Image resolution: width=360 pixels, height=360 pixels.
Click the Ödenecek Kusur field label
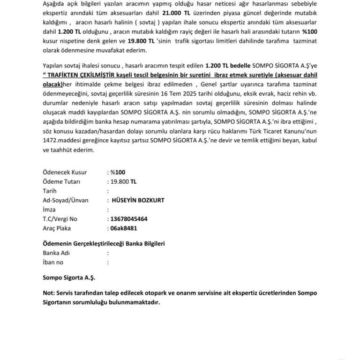(x=61, y=172)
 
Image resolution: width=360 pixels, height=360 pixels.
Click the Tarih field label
(x=49, y=191)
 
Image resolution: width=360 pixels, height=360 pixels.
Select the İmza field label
(x=49, y=210)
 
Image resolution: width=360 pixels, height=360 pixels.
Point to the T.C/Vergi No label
(x=60, y=219)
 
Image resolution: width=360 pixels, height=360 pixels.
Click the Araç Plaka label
(x=57, y=228)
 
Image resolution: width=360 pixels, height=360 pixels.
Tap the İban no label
(x=53, y=262)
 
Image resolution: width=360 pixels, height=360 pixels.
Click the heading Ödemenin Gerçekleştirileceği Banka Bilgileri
(x=104, y=244)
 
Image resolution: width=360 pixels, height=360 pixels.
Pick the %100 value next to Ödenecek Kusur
(x=115, y=172)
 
